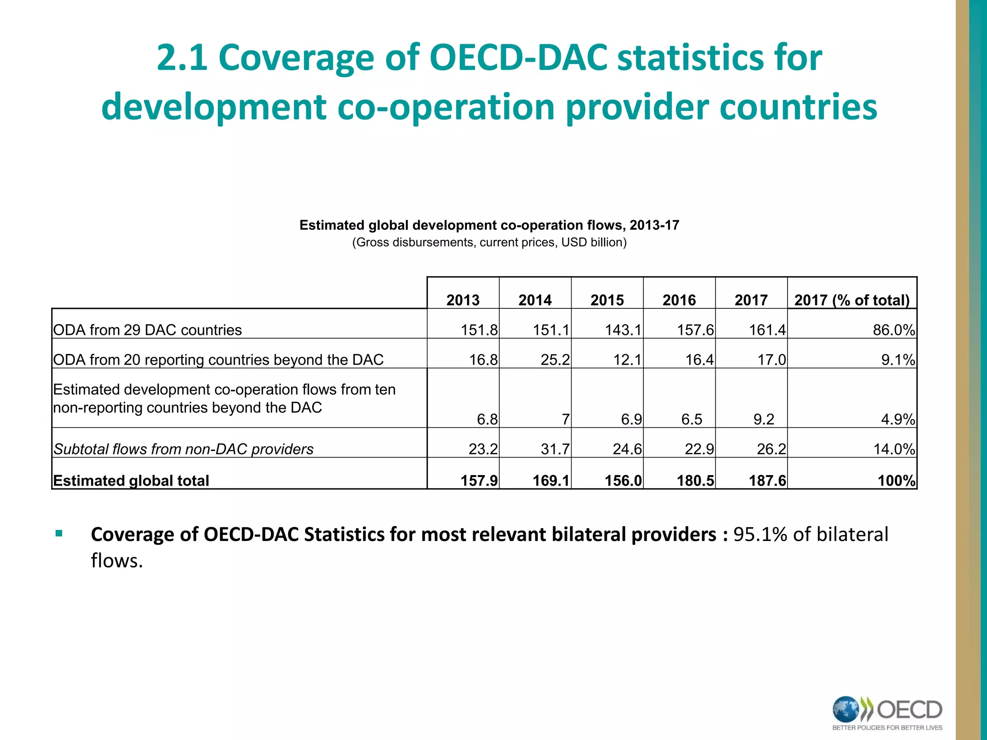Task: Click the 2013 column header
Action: tap(463, 300)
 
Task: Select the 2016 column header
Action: tap(679, 300)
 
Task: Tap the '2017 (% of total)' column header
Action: tap(852, 300)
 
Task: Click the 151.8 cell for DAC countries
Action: tap(479, 330)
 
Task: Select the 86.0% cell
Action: tap(894, 330)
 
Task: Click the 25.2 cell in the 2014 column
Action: tap(555, 360)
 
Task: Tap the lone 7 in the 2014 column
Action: tap(565, 419)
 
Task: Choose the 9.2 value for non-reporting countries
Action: tap(763, 419)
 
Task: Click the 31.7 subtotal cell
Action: tap(555, 449)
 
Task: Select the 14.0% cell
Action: tap(894, 449)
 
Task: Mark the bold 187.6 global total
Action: tap(767, 481)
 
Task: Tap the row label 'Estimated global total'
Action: tap(131, 481)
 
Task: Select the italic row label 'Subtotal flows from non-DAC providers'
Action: tap(183, 449)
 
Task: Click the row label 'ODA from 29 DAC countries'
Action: tap(147, 330)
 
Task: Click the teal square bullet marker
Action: tap(59, 533)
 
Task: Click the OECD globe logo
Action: tap(846, 709)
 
